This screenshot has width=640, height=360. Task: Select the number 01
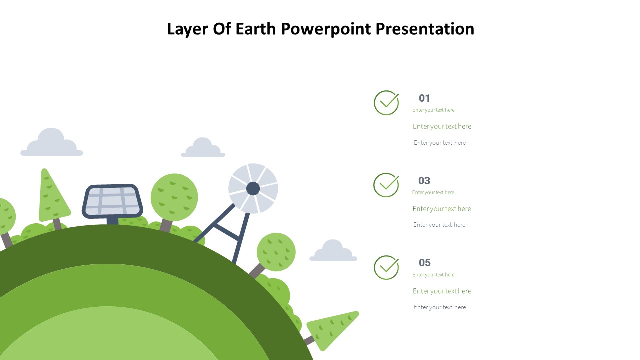point(424,98)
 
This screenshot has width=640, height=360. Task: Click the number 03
point(424,181)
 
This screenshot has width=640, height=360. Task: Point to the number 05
point(424,263)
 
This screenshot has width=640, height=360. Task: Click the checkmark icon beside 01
point(386,103)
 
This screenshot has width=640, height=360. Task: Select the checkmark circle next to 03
point(386,185)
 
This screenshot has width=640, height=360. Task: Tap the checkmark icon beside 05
point(386,267)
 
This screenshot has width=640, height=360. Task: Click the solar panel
point(112,201)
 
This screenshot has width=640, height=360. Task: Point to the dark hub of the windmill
point(253,189)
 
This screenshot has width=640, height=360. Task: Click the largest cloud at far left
point(51,144)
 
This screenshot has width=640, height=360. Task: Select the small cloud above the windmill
point(203,149)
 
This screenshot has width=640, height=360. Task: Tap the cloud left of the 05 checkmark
point(333,252)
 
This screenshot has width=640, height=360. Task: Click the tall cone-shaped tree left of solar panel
point(52,197)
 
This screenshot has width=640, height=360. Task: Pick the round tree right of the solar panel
point(174,197)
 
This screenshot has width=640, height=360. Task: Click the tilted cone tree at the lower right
point(332,330)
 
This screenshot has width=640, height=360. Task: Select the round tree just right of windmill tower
point(276,252)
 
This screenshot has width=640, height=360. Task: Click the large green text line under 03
point(442,209)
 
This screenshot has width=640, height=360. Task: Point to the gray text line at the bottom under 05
point(440,307)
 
